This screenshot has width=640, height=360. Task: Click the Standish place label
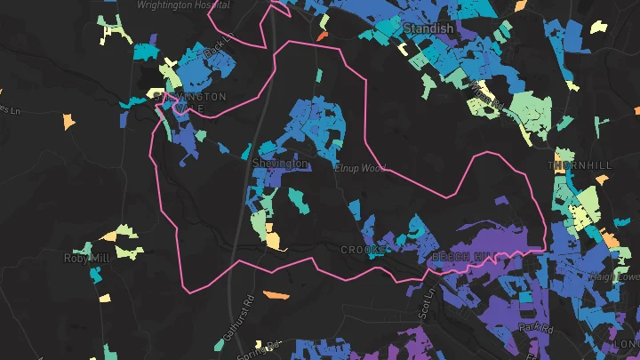tap(428, 29)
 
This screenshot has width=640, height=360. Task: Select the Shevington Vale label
tap(190, 102)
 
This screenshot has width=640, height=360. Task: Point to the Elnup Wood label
tap(360, 167)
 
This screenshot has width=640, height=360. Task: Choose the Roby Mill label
tap(86, 258)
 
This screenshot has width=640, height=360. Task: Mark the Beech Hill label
tap(460, 256)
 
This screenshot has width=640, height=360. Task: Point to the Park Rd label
tap(537, 329)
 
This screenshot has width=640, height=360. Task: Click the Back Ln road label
tap(218, 49)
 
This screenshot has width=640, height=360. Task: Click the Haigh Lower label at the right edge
tap(621, 276)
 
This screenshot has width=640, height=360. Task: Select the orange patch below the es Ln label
tap(68, 119)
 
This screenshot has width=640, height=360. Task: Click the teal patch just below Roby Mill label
tap(95, 275)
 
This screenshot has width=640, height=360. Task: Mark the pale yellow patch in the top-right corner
tap(597, 26)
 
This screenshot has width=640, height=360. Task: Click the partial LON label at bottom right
tap(626, 343)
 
